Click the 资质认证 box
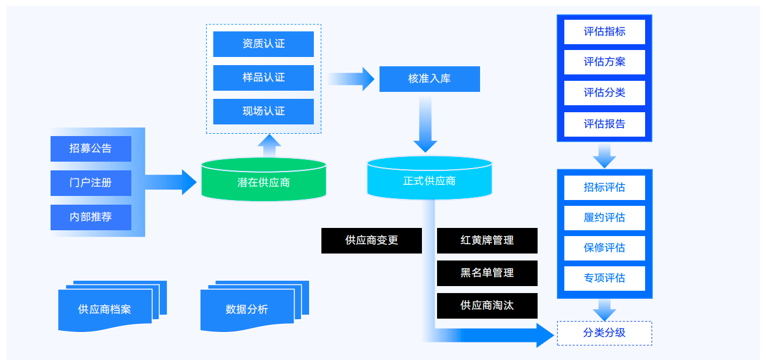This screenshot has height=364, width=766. [x=263, y=44]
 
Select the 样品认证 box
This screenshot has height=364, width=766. [x=263, y=78]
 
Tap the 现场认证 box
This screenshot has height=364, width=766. [x=263, y=112]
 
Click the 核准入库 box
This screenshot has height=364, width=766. [x=429, y=79]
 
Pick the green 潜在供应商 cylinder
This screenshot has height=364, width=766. [x=263, y=182]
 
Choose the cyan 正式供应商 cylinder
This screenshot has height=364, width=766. [x=429, y=180]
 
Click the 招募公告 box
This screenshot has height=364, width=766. [x=91, y=149]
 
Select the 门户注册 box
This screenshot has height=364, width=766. [x=91, y=183]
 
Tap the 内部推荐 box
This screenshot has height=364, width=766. [x=91, y=217]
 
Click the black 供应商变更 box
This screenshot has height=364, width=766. [x=371, y=240]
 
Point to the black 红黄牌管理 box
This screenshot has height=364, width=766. [x=487, y=240]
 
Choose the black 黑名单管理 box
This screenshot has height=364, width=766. [x=487, y=273]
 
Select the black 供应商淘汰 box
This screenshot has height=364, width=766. [x=487, y=305]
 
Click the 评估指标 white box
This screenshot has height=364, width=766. [x=604, y=32]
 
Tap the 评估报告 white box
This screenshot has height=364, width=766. [x=604, y=124]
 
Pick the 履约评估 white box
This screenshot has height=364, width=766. [x=604, y=218]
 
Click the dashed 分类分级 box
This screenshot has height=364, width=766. [x=604, y=333]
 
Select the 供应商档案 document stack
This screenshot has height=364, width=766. [x=105, y=309]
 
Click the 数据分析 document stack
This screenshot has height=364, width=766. [x=247, y=309]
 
